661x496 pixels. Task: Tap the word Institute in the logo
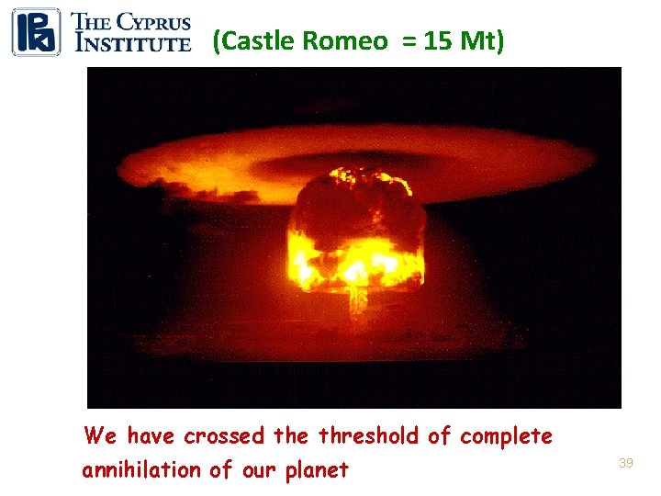click(132, 41)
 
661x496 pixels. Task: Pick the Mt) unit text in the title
click(479, 41)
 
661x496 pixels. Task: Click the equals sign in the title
click(404, 42)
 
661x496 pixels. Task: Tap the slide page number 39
click(625, 464)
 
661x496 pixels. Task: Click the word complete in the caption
click(506, 435)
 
